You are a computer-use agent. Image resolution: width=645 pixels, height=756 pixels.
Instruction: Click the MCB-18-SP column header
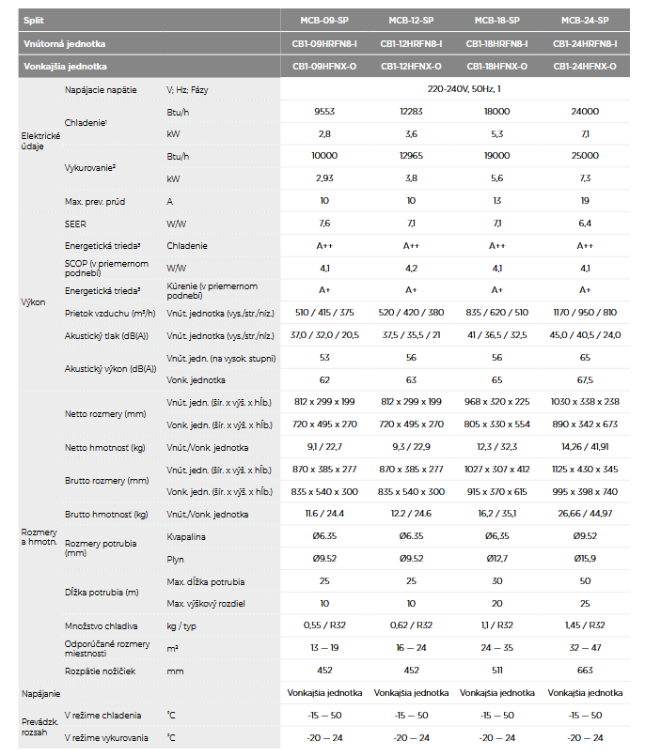tap(496, 21)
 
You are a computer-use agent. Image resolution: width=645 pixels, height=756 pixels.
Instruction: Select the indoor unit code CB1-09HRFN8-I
tap(324, 44)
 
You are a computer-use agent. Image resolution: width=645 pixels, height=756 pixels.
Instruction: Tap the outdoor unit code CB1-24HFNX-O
tap(585, 67)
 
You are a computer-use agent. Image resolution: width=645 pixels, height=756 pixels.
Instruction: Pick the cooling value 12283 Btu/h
tap(411, 112)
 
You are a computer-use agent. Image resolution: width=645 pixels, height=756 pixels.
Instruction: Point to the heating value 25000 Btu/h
tap(585, 156)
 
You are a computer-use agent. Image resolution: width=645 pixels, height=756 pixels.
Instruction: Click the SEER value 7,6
tap(324, 224)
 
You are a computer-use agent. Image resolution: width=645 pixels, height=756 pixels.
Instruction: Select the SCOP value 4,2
tap(411, 268)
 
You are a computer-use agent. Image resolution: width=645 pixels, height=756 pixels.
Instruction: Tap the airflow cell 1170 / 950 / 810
tap(585, 313)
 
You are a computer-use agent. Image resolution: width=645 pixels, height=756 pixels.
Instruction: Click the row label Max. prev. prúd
tap(95, 202)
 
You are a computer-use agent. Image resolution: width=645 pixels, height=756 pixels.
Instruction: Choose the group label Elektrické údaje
tap(40, 141)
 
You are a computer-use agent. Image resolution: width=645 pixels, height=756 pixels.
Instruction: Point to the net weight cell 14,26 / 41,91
tap(585, 447)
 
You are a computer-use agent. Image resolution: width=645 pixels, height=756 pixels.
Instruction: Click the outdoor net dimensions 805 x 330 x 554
tap(496, 424)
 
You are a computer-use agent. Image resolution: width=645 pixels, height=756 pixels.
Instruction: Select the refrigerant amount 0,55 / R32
tap(324, 625)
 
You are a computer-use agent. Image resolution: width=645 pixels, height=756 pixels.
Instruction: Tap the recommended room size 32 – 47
tap(585, 647)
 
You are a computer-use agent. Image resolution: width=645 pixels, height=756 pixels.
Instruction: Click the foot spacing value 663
tap(585, 671)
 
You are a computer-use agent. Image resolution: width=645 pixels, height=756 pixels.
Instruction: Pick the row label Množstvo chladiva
tap(101, 626)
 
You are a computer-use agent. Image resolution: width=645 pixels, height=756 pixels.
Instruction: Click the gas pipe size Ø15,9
tap(585, 559)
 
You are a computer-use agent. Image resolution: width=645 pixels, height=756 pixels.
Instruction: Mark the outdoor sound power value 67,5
tap(585, 380)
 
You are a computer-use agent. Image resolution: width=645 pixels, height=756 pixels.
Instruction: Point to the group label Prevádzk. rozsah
tap(39, 727)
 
